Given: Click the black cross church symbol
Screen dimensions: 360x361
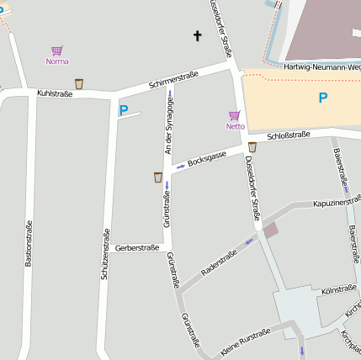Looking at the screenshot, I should pyautogui.click(x=198, y=35).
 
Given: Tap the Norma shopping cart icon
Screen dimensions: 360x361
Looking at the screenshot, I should pyautogui.click(x=56, y=50).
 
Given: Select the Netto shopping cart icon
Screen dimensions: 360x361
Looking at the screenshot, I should pyautogui.click(x=234, y=115).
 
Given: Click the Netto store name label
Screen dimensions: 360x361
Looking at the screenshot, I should pyautogui.click(x=235, y=126).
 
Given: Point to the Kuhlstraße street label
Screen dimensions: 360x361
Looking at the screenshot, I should pyautogui.click(x=55, y=93).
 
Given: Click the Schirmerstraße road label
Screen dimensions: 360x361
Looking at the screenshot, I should pyautogui.click(x=173, y=81).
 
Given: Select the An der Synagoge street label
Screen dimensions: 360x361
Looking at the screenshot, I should pyautogui.click(x=169, y=124).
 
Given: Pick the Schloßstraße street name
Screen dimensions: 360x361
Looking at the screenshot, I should pyautogui.click(x=288, y=135).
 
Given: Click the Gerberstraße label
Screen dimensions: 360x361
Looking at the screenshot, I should pyautogui.click(x=137, y=247).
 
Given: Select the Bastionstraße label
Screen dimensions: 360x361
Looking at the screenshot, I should pyautogui.click(x=28, y=243).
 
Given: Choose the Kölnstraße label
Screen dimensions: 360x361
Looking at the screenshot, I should pyautogui.click(x=339, y=290).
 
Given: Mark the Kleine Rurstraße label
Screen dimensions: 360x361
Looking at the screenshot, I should pyautogui.click(x=246, y=340).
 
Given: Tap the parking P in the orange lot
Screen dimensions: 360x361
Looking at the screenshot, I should pyautogui.click(x=322, y=98).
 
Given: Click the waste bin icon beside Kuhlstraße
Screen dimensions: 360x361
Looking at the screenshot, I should pyautogui.click(x=79, y=83).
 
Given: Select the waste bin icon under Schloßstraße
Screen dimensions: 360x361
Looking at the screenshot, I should pyautogui.click(x=252, y=147).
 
